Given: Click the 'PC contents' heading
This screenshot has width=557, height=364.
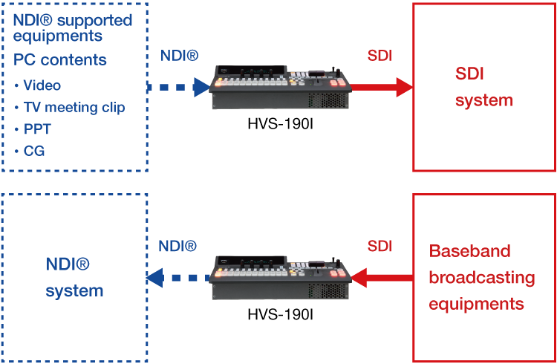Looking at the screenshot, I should pos(60,60).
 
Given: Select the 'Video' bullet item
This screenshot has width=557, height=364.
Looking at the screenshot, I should pos(42,85).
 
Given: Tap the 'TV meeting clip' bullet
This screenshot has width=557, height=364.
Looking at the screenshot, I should pos(74,107).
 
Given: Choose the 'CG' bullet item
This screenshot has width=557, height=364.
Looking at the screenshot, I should pos(34,151).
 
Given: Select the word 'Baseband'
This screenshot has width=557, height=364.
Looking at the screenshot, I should pos(470,251).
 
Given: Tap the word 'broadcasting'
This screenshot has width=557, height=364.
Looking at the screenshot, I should pos(482,278).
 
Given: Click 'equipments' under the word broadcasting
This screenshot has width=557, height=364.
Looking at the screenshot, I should pos(476,304).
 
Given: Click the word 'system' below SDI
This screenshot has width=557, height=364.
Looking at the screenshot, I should pos(484,100).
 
